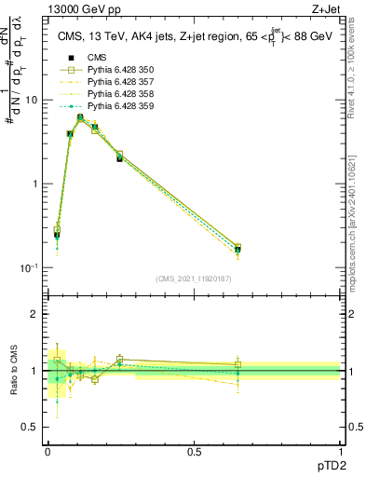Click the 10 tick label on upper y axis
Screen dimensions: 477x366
click(x=32, y=100)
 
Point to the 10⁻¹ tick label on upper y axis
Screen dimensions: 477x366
click(x=28, y=267)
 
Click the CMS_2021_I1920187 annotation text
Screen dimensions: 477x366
click(x=194, y=279)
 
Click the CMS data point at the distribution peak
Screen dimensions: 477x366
click(x=80, y=118)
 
